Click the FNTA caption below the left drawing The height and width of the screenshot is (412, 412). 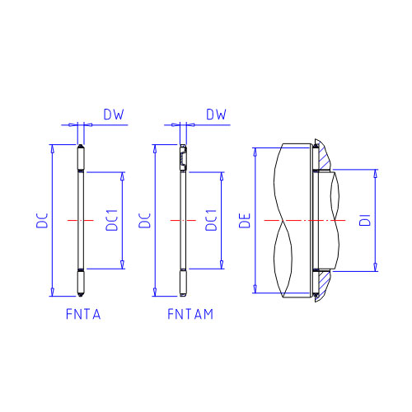[83, 314]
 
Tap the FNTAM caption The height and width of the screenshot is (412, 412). [190, 314]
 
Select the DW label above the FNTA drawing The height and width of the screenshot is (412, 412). [114, 115]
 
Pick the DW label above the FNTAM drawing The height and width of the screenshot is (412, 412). [216, 115]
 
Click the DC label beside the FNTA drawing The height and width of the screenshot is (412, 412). [42, 221]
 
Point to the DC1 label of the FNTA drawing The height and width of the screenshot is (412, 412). [112, 220]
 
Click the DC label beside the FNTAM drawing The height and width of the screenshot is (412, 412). [145, 221]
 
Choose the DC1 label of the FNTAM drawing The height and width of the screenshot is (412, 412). [211, 220]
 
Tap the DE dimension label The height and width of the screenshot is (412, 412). [245, 221]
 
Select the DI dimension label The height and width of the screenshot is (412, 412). [365, 220]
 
